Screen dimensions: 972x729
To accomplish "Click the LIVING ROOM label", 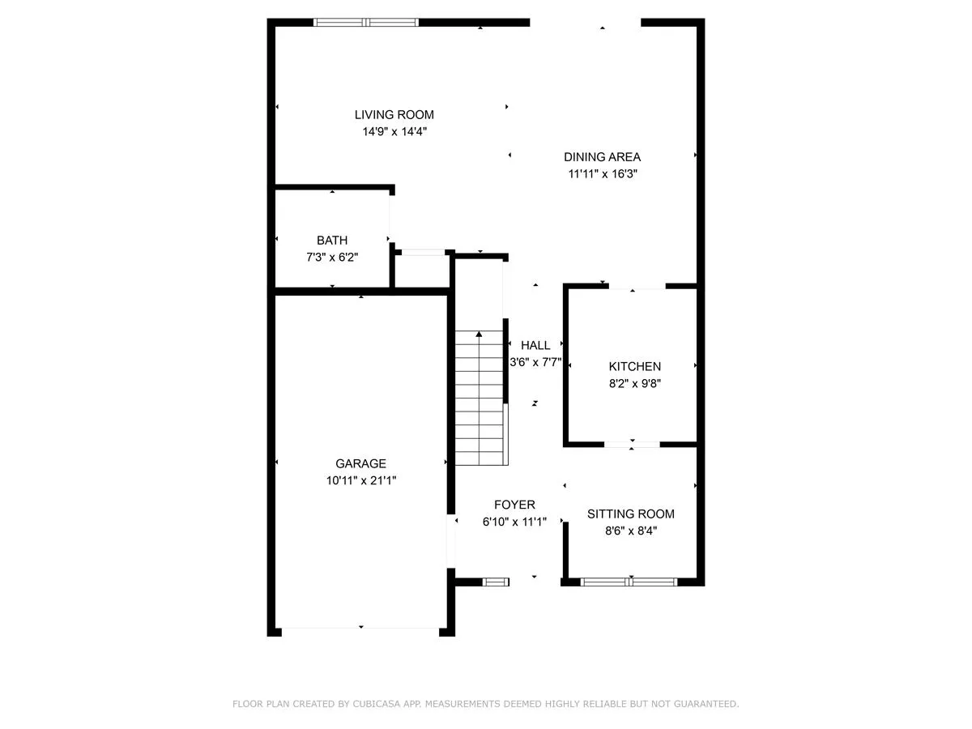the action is click(394, 115).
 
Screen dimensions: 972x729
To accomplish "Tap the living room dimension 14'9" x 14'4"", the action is click(394, 131).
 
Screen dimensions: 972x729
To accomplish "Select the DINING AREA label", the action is click(603, 156).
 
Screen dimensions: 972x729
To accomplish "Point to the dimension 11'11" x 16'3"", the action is click(603, 173).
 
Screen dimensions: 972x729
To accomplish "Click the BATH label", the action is click(332, 241).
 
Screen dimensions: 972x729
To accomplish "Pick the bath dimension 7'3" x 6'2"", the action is click(332, 257).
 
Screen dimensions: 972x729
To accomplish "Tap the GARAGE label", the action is click(361, 463).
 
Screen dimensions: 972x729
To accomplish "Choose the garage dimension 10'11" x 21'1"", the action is click(361, 480).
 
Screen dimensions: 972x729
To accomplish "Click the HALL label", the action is click(535, 345).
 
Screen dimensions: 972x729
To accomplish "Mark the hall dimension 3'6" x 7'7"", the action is click(535, 362).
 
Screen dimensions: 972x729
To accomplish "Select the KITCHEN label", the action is click(634, 366).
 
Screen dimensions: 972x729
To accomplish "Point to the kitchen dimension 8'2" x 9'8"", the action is click(635, 383).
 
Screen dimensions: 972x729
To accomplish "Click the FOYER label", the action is click(514, 505).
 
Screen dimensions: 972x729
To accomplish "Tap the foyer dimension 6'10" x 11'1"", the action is click(514, 522).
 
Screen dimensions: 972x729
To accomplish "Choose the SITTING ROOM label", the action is click(631, 514).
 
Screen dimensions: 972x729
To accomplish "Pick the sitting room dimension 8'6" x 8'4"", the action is click(631, 531).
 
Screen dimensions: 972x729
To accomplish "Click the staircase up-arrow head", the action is click(479, 335).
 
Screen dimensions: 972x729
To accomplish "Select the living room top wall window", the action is click(366, 22).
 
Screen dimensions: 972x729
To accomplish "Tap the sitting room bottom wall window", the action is click(629, 582).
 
